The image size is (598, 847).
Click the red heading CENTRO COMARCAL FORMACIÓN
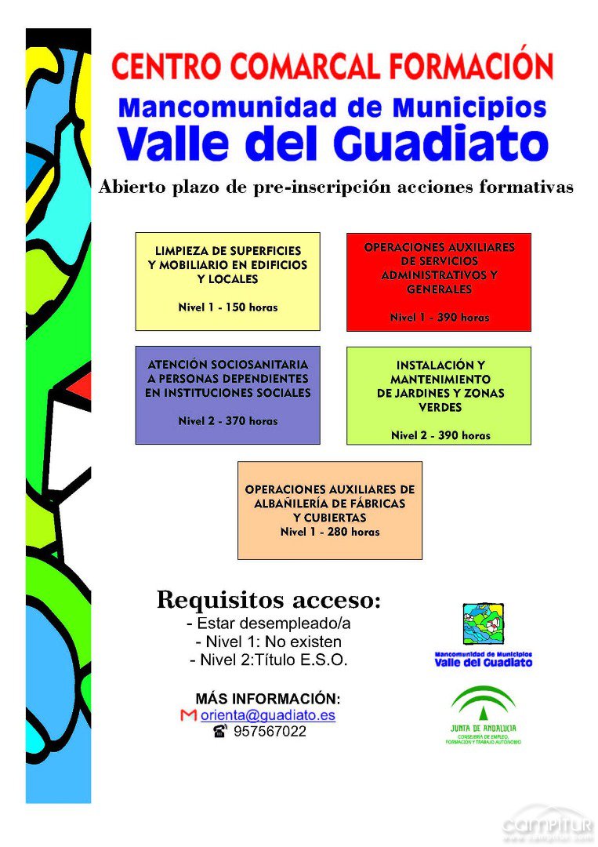(332, 65)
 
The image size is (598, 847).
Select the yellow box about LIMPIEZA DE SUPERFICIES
(227, 281)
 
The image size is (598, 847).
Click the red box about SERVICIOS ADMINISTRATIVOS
(439, 282)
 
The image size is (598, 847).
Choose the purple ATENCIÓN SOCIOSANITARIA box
(227, 394)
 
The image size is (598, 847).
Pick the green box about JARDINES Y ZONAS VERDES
(439, 395)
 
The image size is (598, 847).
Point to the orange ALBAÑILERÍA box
(329, 510)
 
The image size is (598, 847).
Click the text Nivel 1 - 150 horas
(227, 307)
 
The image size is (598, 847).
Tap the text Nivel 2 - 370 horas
(227, 421)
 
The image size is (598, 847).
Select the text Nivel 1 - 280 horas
(329, 532)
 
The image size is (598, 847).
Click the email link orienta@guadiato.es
(268, 715)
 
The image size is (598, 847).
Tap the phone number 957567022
(270, 732)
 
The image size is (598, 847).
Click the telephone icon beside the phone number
(219, 732)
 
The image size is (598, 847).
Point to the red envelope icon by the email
(188, 715)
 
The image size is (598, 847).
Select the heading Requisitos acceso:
(269, 600)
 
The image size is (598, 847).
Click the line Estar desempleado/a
(269, 624)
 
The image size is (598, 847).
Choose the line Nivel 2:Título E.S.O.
(269, 660)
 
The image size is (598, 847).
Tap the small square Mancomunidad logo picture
(483, 624)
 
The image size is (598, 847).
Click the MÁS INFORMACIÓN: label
(268, 699)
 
